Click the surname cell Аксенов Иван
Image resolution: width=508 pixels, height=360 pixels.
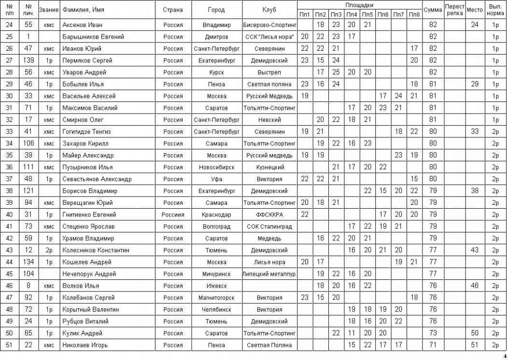(x=83, y=25)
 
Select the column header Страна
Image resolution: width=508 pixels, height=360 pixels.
(x=173, y=10)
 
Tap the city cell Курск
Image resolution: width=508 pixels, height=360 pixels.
(x=216, y=72)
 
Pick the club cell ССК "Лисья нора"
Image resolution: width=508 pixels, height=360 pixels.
(x=269, y=37)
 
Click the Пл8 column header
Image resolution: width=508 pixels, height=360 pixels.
(x=414, y=14)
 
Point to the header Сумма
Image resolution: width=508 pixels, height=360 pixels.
(x=433, y=10)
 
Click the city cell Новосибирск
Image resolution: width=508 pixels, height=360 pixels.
(x=216, y=167)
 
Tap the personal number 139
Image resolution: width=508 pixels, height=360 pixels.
(x=28, y=60)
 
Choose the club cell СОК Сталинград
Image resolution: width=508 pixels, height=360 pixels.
(x=269, y=227)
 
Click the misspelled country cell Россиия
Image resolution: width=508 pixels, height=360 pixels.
(x=173, y=215)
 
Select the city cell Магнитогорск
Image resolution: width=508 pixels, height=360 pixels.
(x=216, y=298)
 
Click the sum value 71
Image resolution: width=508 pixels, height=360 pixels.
(x=433, y=345)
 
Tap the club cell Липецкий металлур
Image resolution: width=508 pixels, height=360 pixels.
(x=269, y=274)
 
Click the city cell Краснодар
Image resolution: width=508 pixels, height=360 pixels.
(x=216, y=215)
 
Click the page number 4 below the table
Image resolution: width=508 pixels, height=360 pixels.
(x=505, y=356)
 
